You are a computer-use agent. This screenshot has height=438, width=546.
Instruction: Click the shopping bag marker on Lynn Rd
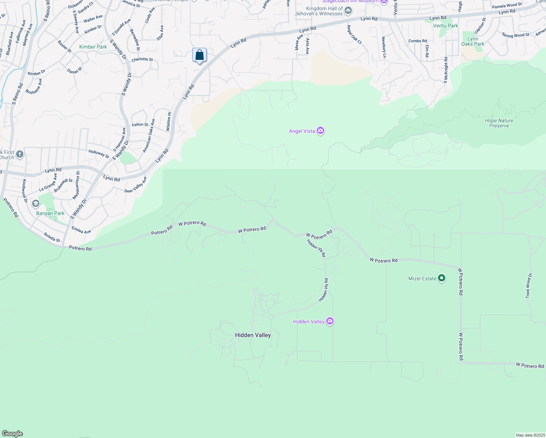[199, 55]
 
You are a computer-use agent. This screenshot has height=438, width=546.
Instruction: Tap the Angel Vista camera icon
[320, 131]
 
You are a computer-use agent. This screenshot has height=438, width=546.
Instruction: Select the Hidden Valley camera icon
[330, 321]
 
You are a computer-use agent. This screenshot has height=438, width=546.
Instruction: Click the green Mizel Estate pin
[442, 278]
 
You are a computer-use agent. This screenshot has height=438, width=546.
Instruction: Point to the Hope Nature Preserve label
[499, 123]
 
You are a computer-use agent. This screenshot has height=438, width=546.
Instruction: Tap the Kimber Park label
[93, 47]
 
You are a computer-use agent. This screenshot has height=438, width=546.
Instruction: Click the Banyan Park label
[50, 213]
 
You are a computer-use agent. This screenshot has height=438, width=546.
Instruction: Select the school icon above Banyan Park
[35, 203]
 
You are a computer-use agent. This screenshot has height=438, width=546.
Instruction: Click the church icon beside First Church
[20, 154]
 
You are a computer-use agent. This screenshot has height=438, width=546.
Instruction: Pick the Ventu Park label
[445, 26]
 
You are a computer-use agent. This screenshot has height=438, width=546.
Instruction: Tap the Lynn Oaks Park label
[473, 41]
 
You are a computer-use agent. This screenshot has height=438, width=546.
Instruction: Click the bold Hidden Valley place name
[253, 335]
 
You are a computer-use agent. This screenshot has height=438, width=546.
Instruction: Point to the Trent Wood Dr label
[528, 286]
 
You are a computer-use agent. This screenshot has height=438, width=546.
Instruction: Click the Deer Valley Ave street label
[135, 185]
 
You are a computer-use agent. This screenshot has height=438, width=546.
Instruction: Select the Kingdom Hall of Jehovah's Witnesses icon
[348, 11]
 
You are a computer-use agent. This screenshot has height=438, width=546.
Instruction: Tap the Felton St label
[140, 124]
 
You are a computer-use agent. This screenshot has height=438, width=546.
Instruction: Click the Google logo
[12, 433]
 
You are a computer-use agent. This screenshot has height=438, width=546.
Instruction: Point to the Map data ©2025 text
[530, 435]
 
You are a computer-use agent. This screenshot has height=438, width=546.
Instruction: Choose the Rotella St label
[52, 237]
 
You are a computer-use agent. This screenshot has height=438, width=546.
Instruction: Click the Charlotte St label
[142, 59]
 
